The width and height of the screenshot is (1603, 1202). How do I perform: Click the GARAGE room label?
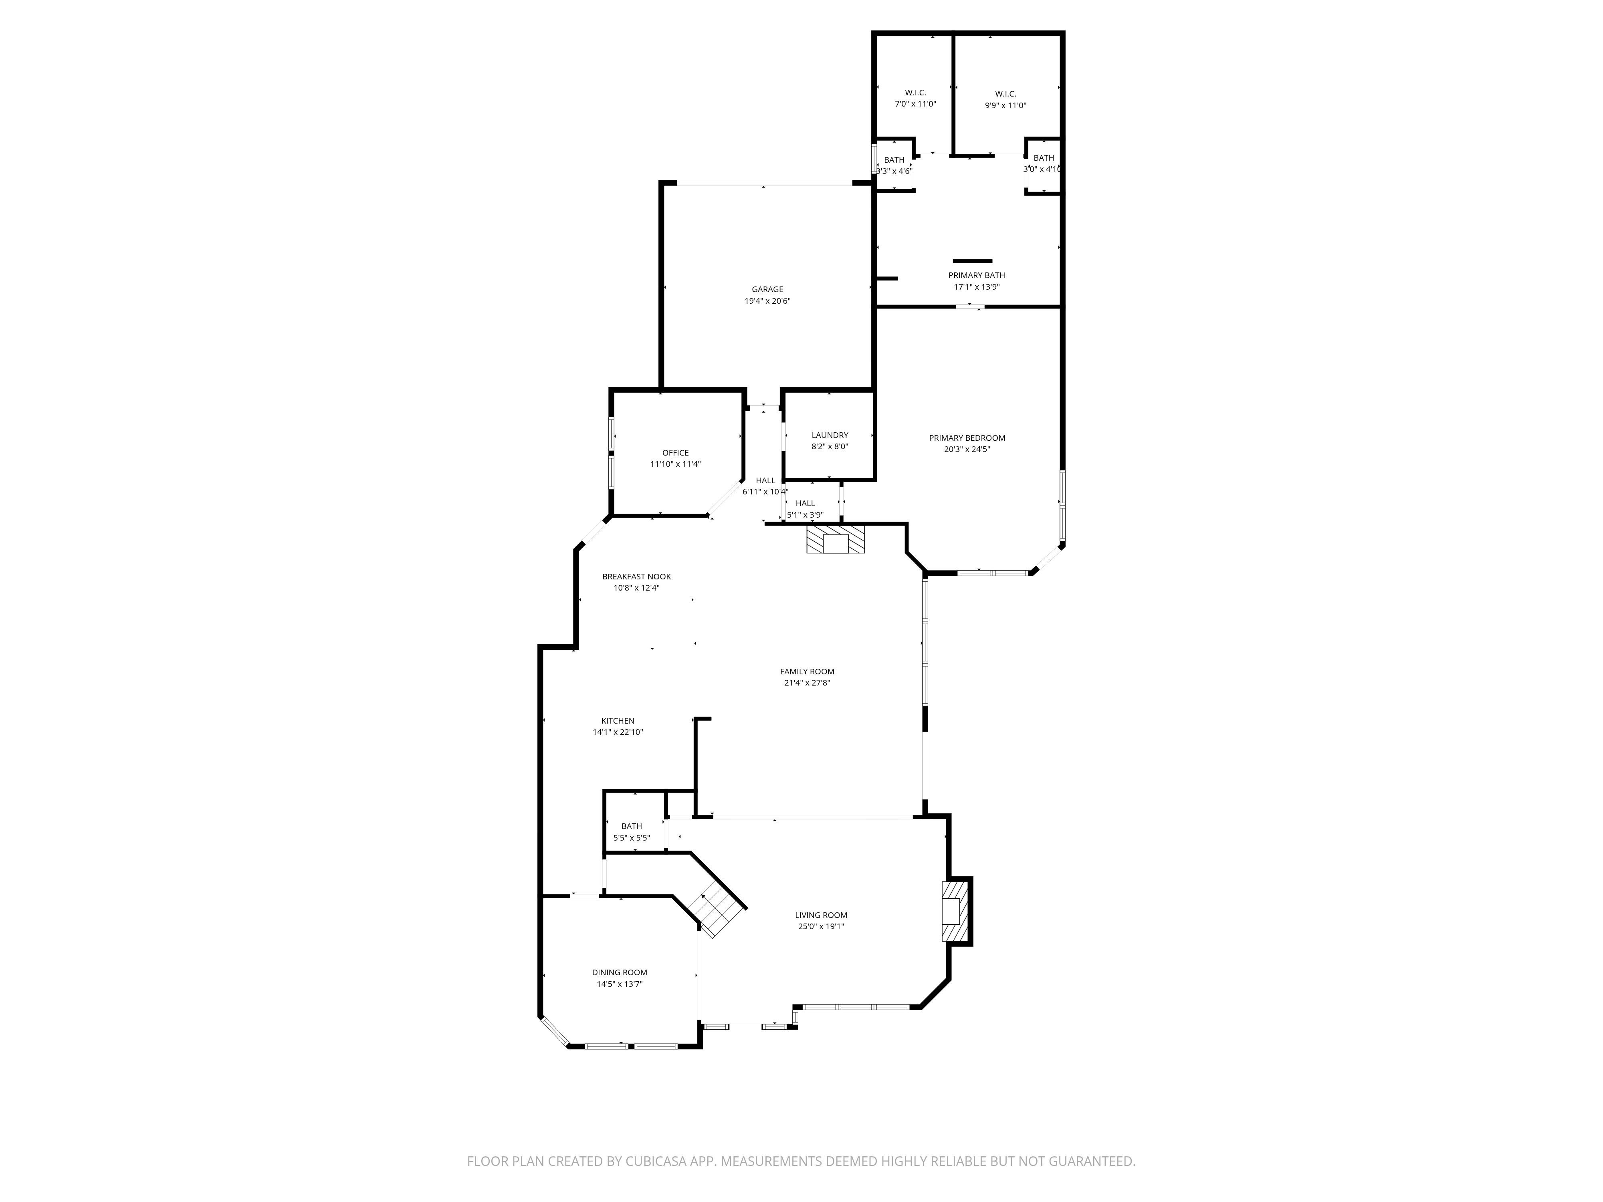(767, 290)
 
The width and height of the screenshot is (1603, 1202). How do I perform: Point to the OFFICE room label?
(675, 453)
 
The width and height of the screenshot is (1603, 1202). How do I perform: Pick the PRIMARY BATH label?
(977, 275)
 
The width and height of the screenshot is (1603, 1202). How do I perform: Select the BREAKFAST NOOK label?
(636, 577)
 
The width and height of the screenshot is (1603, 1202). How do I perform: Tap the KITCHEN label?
(618, 721)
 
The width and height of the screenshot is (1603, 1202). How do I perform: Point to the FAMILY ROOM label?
(807, 672)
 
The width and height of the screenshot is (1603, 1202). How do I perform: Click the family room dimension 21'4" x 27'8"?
(807, 682)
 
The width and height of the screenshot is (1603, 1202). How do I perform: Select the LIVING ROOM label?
(821, 915)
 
